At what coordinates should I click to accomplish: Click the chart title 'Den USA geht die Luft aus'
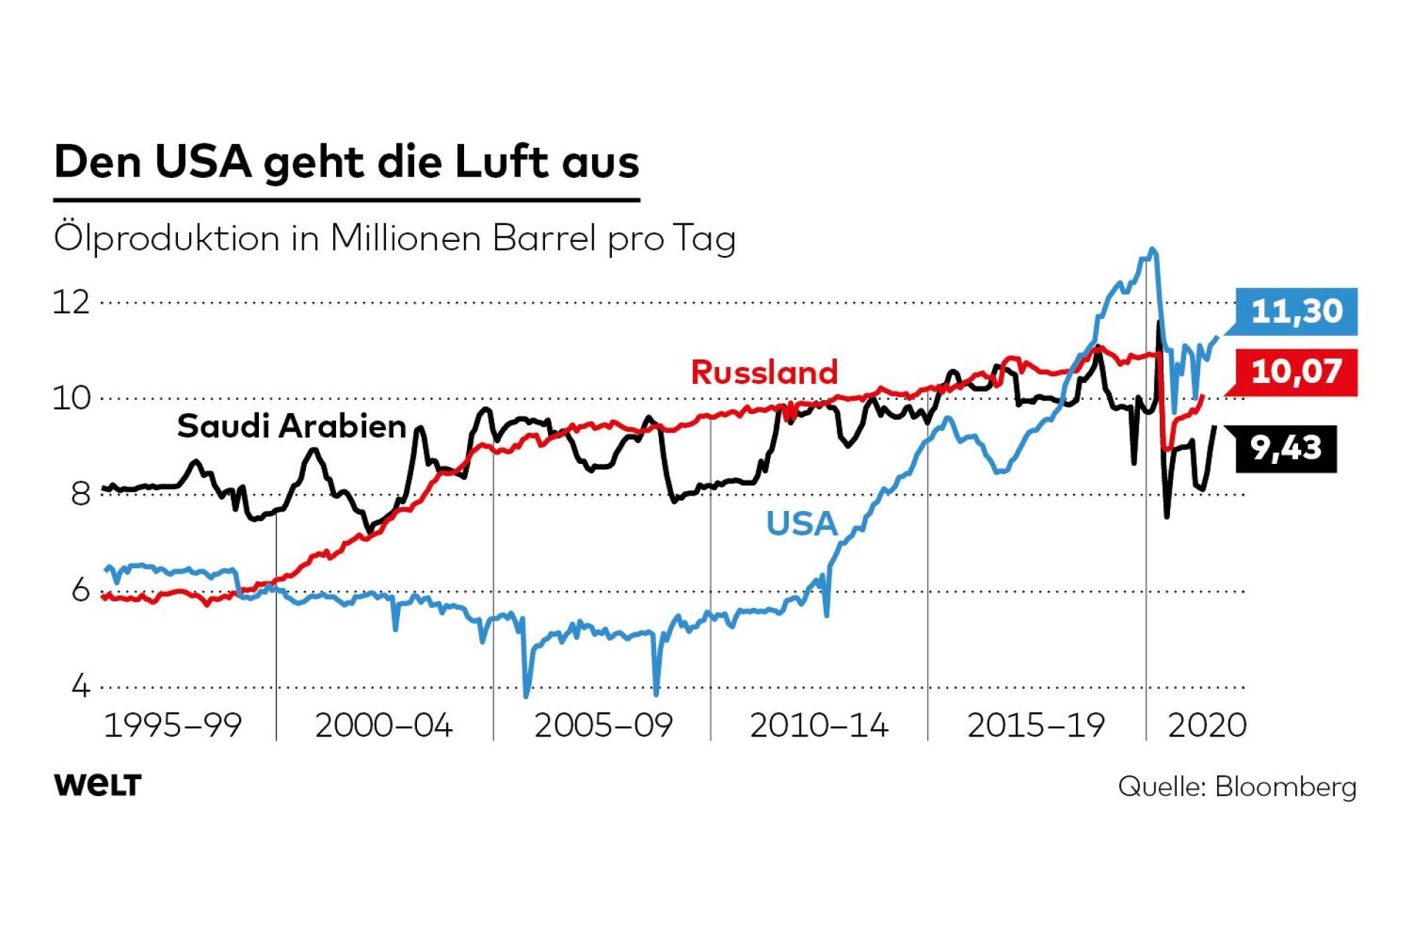tap(346, 162)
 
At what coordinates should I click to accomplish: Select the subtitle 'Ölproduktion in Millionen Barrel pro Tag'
tap(394, 239)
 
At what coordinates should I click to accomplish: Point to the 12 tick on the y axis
tap(71, 302)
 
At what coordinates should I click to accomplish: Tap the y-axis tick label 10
tap(71, 398)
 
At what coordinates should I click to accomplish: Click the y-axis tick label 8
tap(80, 494)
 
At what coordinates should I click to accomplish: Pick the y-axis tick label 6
tap(80, 590)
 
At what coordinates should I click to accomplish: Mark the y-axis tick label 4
tap(80, 687)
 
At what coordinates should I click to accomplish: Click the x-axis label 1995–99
tap(173, 726)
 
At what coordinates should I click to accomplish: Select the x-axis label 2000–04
tap(384, 726)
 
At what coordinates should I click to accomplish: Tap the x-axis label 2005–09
tap(603, 726)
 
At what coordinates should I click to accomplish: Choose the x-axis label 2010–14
tap(819, 726)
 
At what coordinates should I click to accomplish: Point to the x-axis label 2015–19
tap(1036, 726)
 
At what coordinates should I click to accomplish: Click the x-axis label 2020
tap(1207, 726)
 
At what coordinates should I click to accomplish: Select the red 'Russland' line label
tap(764, 373)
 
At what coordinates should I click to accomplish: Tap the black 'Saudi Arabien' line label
tap(292, 426)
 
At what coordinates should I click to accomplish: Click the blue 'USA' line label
tap(802, 524)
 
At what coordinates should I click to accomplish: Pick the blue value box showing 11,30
tap(1297, 312)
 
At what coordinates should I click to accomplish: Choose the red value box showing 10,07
tap(1297, 372)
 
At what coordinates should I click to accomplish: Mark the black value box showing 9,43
tap(1286, 448)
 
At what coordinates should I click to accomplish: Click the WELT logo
tap(98, 785)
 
